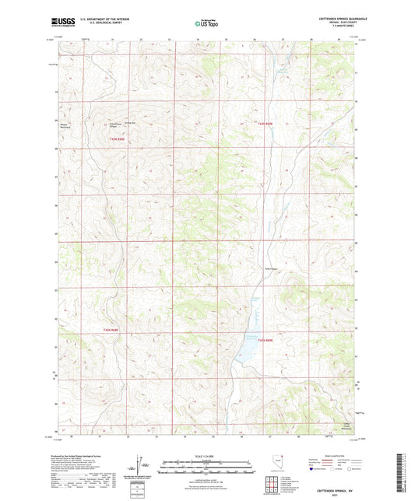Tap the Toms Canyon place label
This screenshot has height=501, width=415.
coord(269,269)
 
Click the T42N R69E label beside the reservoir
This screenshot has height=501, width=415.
coord(266,340)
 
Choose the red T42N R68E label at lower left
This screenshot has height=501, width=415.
coord(114,331)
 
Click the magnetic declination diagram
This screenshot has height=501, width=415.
coord(145,464)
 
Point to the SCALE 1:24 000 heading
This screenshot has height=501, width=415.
coord(207,455)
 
